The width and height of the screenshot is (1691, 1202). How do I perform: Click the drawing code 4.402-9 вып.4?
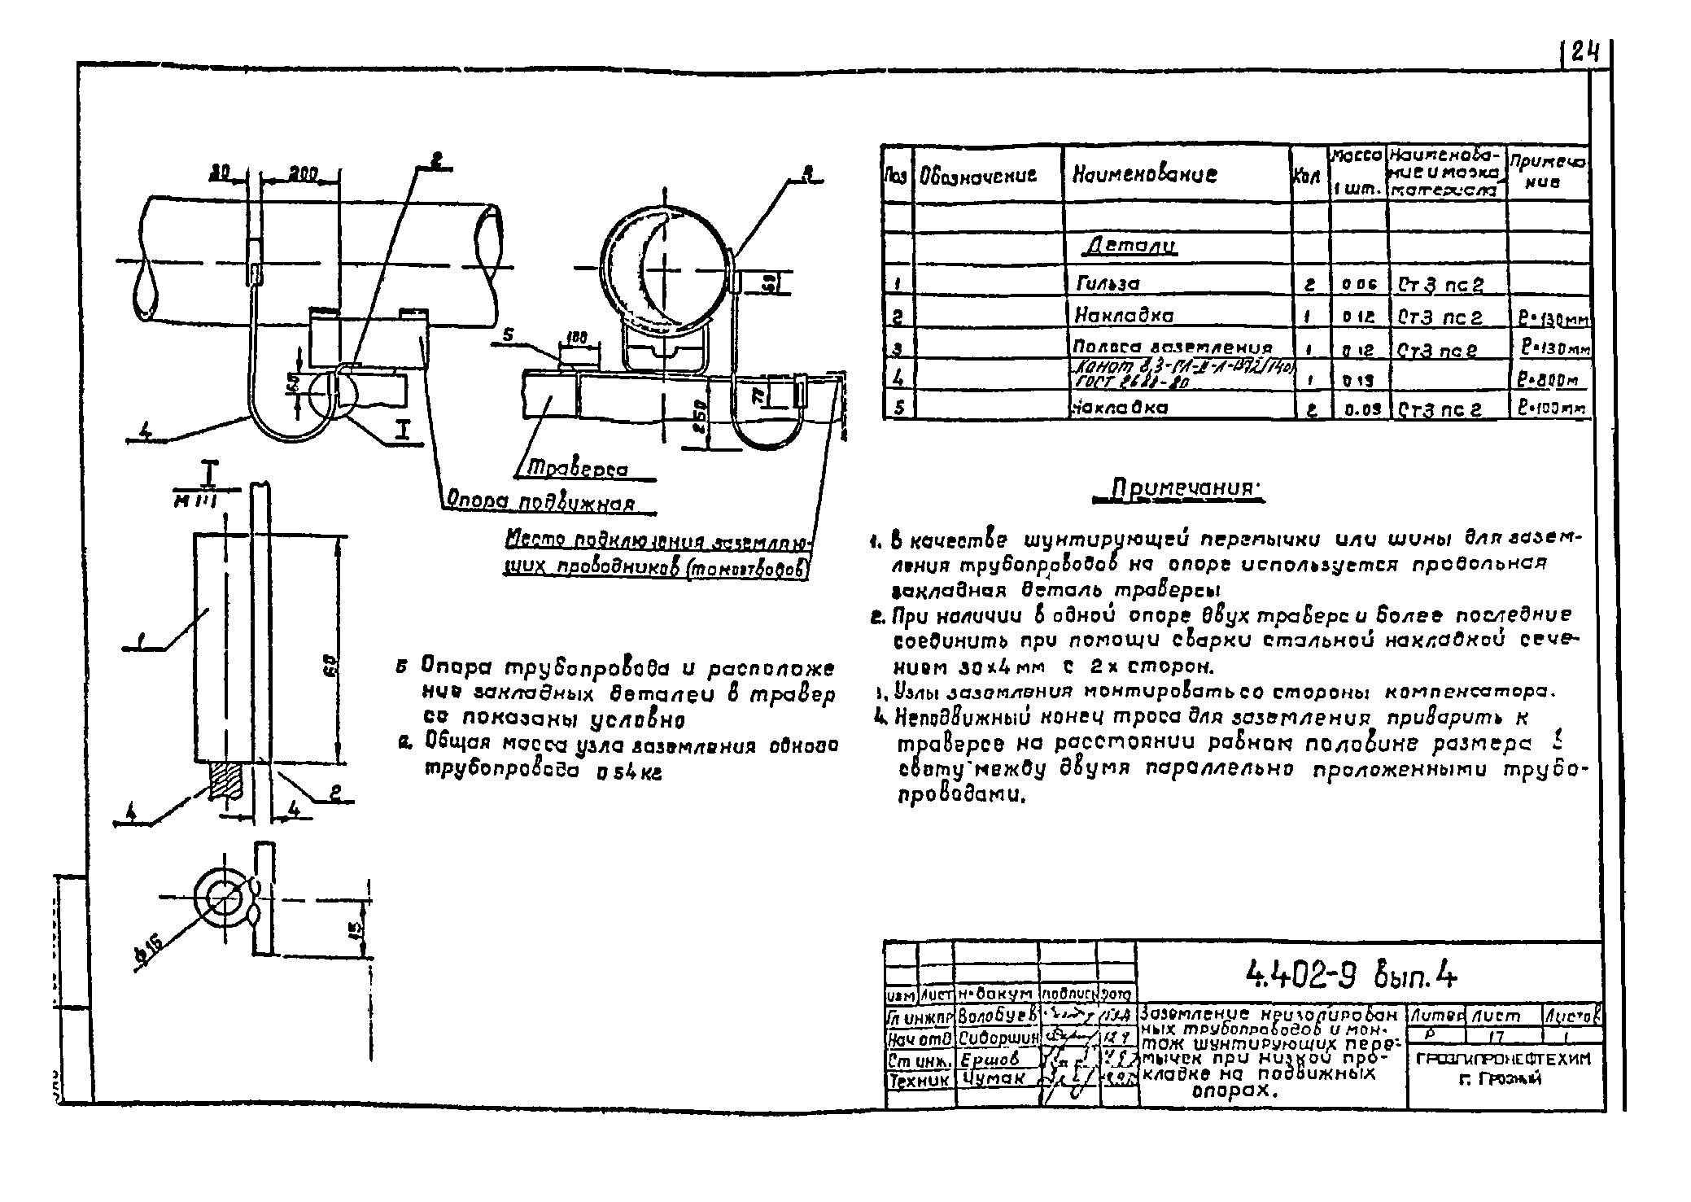pos(1352,973)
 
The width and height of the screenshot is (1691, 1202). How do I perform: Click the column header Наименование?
pos(1144,174)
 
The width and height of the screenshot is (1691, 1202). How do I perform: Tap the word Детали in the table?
pos(1133,247)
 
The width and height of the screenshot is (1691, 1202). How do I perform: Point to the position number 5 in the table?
pos(898,407)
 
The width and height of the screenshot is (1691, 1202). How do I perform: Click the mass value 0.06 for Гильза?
pos(1358,285)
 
